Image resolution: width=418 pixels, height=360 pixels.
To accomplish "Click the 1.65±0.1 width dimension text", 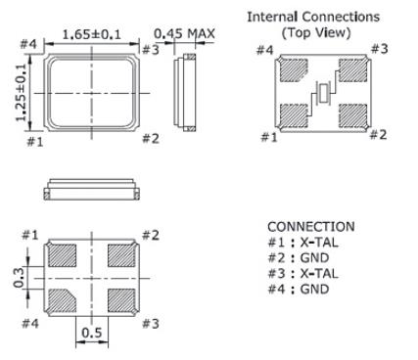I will [x=94, y=35].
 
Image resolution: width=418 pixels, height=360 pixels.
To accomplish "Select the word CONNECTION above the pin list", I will [x=308, y=227].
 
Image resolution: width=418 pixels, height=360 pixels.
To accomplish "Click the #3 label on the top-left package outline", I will [x=151, y=50].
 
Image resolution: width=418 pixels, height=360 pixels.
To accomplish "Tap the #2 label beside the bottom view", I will [x=151, y=235].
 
